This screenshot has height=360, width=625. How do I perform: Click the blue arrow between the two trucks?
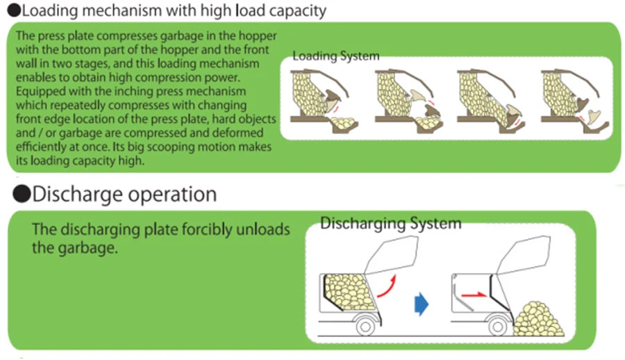pyautogui.click(x=420, y=303)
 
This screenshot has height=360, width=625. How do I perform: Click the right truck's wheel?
pyautogui.click(x=497, y=324)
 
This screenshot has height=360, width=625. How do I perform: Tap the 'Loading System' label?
pyautogui.click(x=335, y=56)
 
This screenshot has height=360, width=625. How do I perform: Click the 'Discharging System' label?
pyautogui.click(x=390, y=223)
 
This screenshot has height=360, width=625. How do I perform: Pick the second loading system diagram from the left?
pyautogui.click(x=406, y=98)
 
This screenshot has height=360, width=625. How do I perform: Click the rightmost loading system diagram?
pyautogui.click(x=574, y=98)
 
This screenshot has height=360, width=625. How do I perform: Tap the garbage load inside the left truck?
pyautogui.click(x=350, y=289)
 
